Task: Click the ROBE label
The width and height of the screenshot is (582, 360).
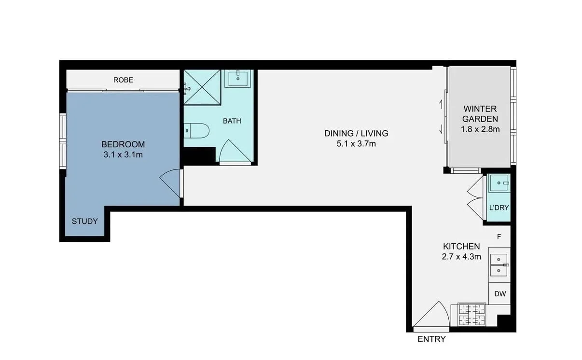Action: click(x=123, y=80)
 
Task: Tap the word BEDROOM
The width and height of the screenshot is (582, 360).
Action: click(x=123, y=144)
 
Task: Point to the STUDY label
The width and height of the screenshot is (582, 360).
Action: click(x=85, y=222)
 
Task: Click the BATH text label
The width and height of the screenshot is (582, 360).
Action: click(x=232, y=121)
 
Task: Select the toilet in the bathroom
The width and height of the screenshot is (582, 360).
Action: click(x=197, y=130)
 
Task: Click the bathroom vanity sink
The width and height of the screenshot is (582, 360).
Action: click(x=239, y=78)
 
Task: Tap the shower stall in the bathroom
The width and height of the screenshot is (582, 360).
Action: click(x=202, y=87)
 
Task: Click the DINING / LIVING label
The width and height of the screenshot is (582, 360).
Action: click(x=356, y=134)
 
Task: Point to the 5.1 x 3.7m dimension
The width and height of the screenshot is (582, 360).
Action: click(x=356, y=143)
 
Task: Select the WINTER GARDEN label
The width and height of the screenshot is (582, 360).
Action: click(x=480, y=114)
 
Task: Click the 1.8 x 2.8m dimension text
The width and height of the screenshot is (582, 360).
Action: click(x=480, y=129)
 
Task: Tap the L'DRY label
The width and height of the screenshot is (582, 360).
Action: click(x=499, y=208)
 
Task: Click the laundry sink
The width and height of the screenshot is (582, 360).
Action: click(x=499, y=183)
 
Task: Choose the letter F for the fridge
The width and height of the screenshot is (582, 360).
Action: click(x=499, y=236)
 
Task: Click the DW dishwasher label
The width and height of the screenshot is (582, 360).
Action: click(x=500, y=294)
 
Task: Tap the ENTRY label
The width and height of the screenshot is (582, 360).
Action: click(x=431, y=339)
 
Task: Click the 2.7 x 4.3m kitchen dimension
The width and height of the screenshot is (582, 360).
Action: click(x=461, y=257)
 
